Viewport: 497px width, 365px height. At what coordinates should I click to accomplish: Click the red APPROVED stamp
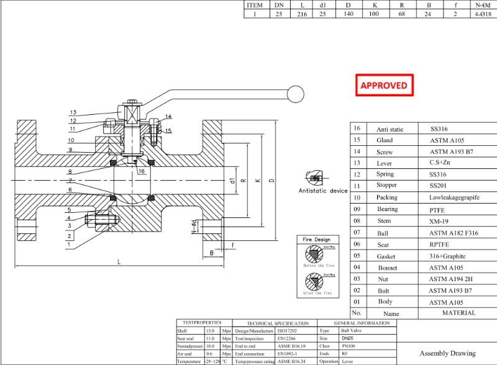[x=384, y=85]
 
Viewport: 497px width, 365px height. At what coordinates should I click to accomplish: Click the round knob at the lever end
[x=296, y=94]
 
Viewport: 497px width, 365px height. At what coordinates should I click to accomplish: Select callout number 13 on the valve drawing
[x=73, y=112]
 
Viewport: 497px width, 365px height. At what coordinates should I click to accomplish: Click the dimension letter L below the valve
[x=119, y=262]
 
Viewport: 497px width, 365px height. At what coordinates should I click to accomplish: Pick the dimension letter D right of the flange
[x=270, y=181]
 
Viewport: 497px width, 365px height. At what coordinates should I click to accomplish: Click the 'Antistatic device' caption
[x=323, y=191]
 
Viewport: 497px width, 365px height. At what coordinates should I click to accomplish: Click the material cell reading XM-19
[x=439, y=220]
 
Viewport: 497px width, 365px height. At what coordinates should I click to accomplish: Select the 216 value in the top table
[x=302, y=14]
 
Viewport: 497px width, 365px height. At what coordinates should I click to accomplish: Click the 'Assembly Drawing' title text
[x=447, y=353]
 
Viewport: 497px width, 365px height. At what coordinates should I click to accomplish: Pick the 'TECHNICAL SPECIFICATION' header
[x=278, y=323]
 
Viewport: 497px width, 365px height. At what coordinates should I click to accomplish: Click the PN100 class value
[x=349, y=346]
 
